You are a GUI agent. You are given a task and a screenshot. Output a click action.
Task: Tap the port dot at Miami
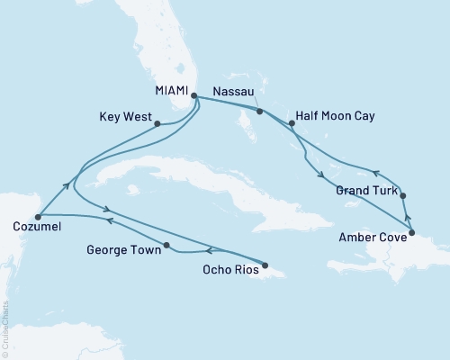193,92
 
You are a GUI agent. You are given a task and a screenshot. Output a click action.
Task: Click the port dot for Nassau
259,112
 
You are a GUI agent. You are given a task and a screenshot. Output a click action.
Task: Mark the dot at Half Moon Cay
290,124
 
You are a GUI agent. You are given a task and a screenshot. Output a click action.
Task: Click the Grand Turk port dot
402,195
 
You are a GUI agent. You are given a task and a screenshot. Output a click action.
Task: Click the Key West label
125,117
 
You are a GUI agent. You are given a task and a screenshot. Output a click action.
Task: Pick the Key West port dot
157,124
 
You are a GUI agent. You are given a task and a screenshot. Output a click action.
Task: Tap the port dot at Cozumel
38,216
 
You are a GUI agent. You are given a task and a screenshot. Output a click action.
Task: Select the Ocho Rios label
231,268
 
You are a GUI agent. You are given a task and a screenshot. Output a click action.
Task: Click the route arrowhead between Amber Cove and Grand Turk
407,216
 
